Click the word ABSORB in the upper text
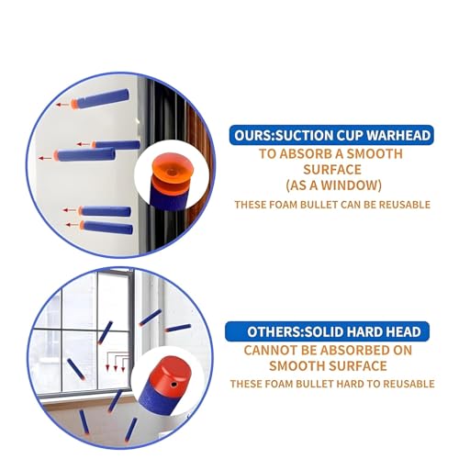tap(306, 153)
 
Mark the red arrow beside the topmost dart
tap(64, 106)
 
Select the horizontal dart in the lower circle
tap(178, 327)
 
